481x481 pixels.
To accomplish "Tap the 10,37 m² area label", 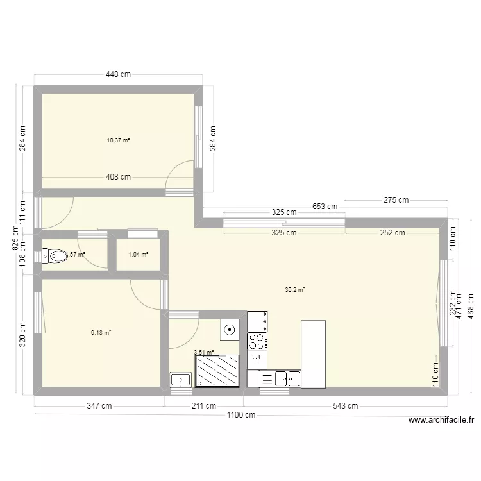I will tap(119, 140).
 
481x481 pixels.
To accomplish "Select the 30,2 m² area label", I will tap(295, 289).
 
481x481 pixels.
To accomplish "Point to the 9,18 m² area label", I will tap(101, 332).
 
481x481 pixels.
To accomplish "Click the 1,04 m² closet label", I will tap(139, 255).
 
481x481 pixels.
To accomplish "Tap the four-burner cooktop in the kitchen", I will tap(257, 341).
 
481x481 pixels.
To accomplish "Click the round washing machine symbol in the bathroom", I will tap(229, 330).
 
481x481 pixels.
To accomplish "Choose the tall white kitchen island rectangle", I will tap(313, 354).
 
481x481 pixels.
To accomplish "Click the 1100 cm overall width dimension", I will tap(241, 415).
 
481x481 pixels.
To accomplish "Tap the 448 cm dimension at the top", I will tap(119, 74).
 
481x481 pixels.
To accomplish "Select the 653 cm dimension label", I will tap(325, 207).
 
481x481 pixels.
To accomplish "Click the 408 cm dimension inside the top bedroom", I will tap(119, 177).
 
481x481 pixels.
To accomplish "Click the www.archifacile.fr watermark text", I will tap(441, 421).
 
